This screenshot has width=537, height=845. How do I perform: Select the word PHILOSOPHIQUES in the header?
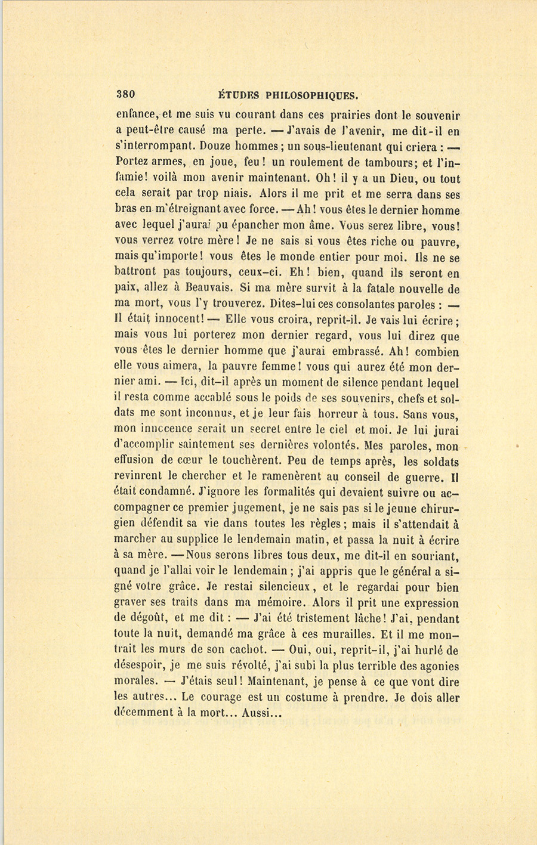click(x=311, y=94)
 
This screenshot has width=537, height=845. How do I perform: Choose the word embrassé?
click(x=329, y=351)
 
